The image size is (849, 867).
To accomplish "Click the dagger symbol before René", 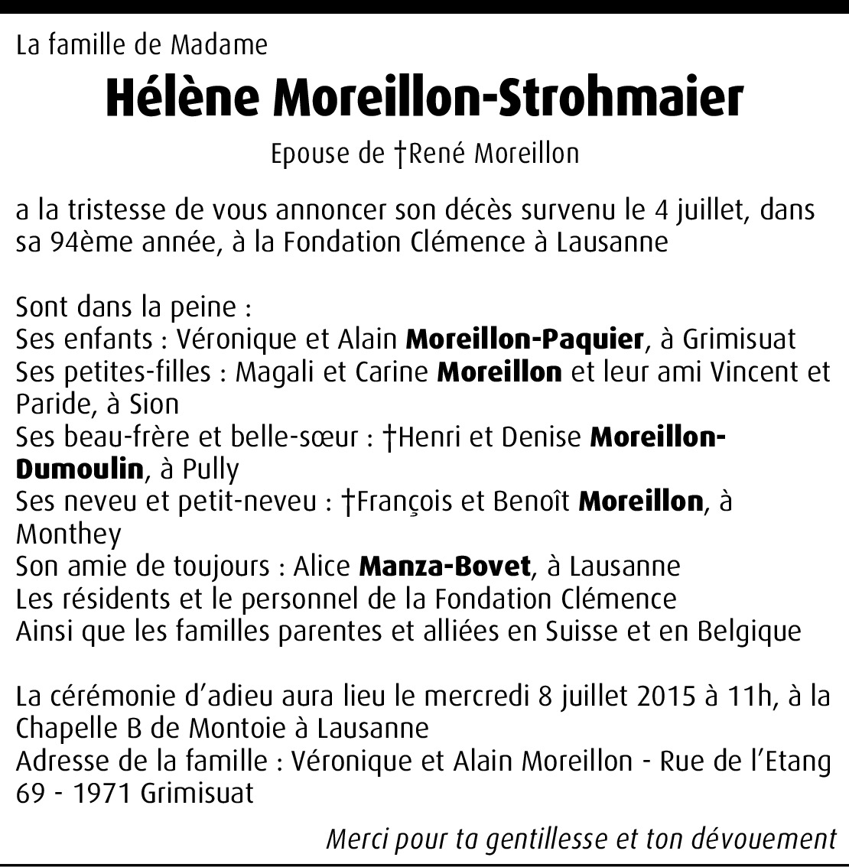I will point(400,154).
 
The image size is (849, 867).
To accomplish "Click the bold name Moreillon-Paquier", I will point(524,339).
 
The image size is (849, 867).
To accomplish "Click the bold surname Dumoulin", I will point(80,469).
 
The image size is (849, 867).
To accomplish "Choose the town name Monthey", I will point(69,534).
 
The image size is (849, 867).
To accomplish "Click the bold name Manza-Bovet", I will point(444,567).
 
